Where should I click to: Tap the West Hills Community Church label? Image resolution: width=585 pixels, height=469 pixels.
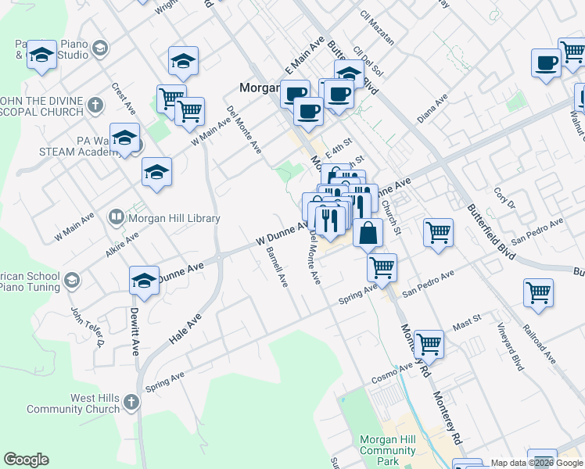pyautogui.click(x=74, y=403)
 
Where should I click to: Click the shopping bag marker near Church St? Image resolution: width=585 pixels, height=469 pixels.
pyautogui.click(x=368, y=232)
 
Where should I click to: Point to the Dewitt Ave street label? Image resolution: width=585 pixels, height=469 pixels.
pyautogui.click(x=135, y=331)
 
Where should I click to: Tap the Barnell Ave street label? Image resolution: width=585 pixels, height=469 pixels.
pyautogui.click(x=277, y=267)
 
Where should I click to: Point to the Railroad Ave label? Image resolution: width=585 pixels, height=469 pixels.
pyautogui.click(x=539, y=344)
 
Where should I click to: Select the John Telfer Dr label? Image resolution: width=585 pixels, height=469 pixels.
pyautogui.click(x=88, y=327)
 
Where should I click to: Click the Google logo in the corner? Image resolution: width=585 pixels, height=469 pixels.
pyautogui.click(x=26, y=460)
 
